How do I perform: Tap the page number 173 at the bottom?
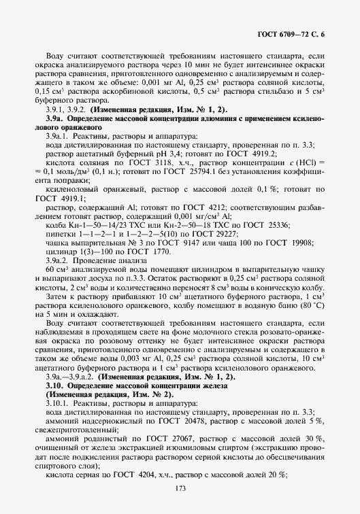180,487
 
